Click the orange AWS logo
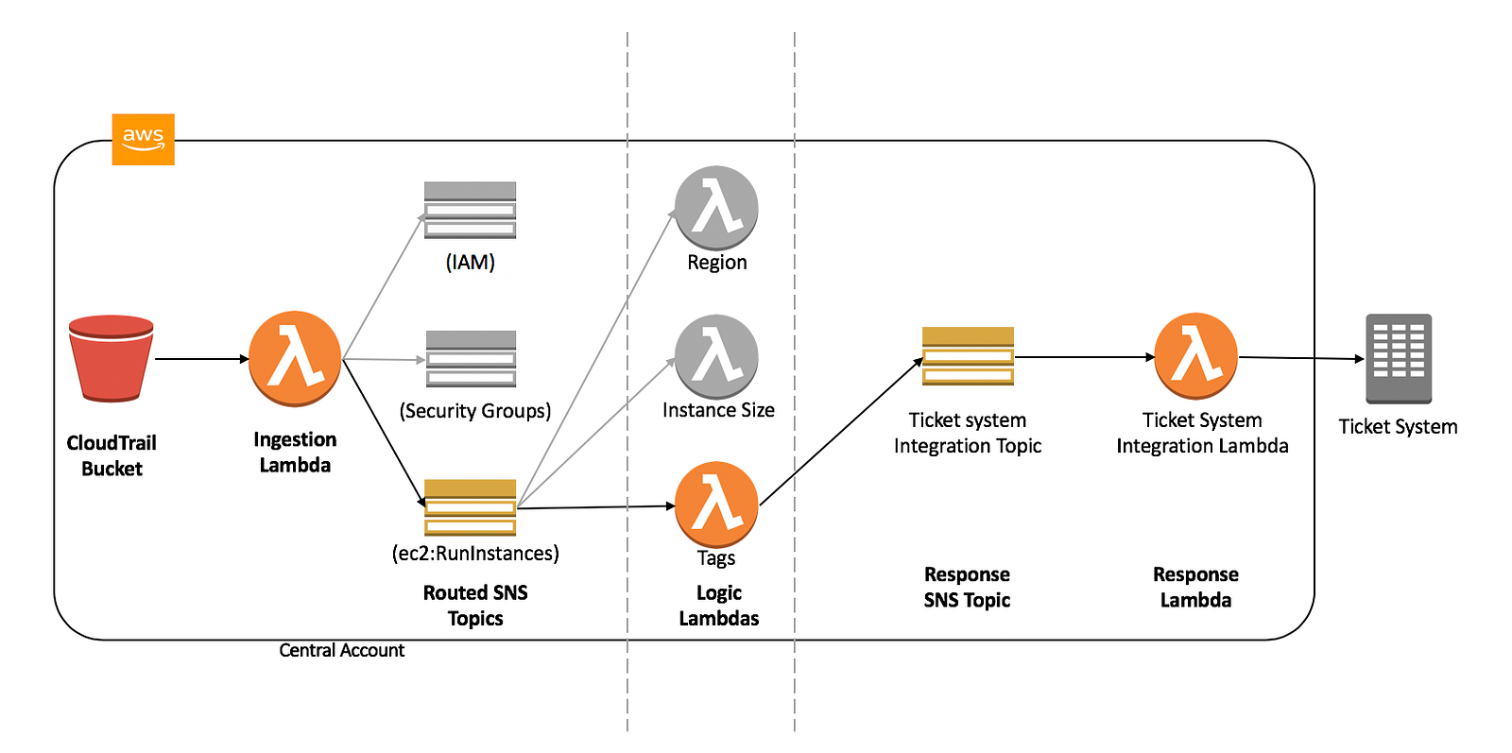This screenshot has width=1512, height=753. point(143,139)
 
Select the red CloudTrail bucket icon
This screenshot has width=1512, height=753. point(112,358)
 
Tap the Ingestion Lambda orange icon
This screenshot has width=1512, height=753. point(295,358)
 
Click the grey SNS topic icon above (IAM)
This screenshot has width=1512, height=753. point(470,210)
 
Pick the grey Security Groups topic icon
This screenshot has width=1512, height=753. point(471,358)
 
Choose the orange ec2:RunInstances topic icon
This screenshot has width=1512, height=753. point(470,507)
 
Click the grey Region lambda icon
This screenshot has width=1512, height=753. point(716,208)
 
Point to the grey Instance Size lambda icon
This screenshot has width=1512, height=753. point(716,356)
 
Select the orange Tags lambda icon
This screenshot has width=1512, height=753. point(716,504)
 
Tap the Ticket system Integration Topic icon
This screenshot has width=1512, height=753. point(968,356)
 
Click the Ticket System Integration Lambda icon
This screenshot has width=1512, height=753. point(1196,355)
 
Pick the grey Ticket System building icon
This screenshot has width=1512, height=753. point(1399,358)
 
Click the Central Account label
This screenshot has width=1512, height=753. point(341,650)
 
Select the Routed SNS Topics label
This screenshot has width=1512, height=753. point(475,606)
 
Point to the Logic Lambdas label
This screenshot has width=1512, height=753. point(718,606)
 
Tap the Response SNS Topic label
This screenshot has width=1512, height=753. point(967,587)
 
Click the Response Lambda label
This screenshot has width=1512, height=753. point(1195,587)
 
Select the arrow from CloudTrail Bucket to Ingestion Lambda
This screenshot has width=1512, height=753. point(200,359)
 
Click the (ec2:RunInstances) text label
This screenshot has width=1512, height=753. point(475,553)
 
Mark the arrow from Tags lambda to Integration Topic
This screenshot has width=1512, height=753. point(841,432)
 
